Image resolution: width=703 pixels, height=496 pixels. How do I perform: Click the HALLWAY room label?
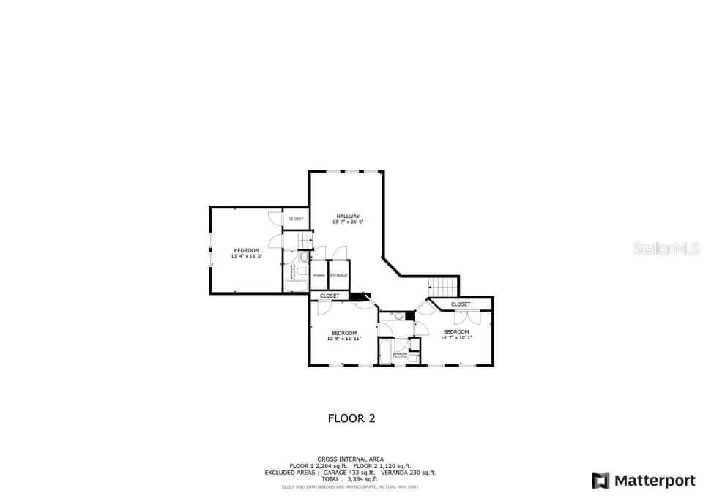(x=348, y=216)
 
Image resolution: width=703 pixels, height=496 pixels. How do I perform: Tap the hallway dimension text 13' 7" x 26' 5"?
(x=348, y=222)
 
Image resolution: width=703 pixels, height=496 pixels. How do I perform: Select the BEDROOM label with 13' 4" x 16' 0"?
(x=246, y=250)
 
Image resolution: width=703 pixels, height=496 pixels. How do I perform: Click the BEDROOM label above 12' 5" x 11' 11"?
(x=343, y=333)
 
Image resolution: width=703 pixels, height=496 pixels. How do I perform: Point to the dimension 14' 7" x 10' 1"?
(x=456, y=338)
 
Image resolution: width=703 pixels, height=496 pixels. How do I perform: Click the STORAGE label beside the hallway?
(x=338, y=275)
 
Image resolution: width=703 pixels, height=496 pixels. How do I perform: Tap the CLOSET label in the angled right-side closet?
(x=461, y=304)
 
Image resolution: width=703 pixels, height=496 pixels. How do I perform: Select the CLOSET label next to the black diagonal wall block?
(x=330, y=296)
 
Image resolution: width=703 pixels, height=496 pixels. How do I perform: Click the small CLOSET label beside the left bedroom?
(x=296, y=219)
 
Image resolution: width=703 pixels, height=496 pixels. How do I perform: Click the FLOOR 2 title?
(x=351, y=418)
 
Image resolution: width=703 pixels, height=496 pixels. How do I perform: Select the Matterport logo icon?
(x=600, y=481)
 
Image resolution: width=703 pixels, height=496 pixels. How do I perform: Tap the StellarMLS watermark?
(x=666, y=249)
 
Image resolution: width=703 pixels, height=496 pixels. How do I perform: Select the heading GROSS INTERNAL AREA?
(x=350, y=459)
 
